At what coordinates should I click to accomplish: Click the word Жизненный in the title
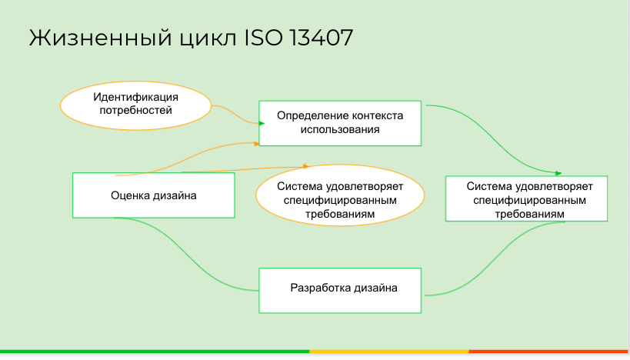click(101, 38)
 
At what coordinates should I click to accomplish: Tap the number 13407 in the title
click(321, 38)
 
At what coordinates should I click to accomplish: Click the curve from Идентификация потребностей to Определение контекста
click(237, 115)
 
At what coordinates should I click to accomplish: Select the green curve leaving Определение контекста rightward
click(492, 138)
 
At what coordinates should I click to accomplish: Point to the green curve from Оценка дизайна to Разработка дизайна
click(185, 253)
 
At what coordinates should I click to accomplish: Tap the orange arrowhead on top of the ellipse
click(305, 166)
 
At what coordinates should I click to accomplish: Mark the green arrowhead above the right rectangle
click(558, 173)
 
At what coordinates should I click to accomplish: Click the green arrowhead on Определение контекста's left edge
click(262, 123)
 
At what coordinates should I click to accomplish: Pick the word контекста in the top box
click(377, 115)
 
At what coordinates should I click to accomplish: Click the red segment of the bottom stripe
click(549, 352)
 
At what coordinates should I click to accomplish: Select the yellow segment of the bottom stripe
click(389, 352)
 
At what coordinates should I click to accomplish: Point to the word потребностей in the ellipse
click(136, 111)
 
